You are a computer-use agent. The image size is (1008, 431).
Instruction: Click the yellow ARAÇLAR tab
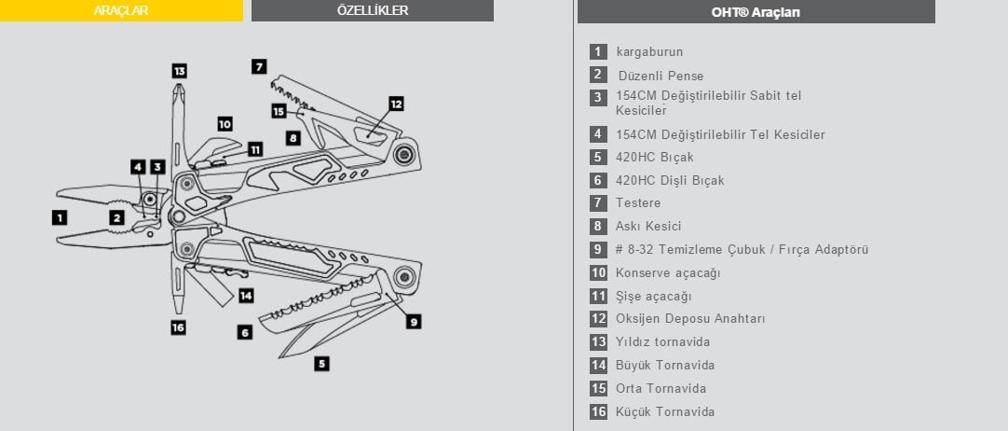click(121, 11)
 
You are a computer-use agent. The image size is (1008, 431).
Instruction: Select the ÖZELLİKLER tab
click(372, 11)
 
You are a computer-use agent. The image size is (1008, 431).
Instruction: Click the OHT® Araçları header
click(756, 12)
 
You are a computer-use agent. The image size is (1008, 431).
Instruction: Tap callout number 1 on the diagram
click(60, 217)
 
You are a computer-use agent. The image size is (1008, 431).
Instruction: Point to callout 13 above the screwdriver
click(179, 71)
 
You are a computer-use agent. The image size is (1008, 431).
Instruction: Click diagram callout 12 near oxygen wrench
click(396, 104)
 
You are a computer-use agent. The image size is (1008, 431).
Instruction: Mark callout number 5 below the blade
click(321, 364)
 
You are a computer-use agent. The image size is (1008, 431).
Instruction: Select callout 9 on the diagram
click(414, 321)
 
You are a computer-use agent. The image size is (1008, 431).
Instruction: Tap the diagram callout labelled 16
click(178, 327)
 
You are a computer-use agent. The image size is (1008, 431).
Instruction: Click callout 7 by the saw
click(259, 66)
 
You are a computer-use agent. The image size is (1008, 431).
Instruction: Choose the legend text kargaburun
click(649, 52)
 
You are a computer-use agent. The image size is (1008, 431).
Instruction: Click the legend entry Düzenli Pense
click(661, 76)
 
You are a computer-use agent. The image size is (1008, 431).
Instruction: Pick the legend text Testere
click(638, 203)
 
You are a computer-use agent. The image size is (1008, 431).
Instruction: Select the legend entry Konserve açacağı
click(668, 273)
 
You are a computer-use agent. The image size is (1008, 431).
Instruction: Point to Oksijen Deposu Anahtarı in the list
click(690, 319)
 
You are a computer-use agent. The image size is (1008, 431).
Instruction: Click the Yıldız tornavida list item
click(662, 342)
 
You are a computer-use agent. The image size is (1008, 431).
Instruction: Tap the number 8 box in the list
click(598, 226)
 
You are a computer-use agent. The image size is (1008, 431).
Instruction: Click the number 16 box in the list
click(598, 411)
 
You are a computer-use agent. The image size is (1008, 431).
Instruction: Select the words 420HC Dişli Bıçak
click(670, 180)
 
